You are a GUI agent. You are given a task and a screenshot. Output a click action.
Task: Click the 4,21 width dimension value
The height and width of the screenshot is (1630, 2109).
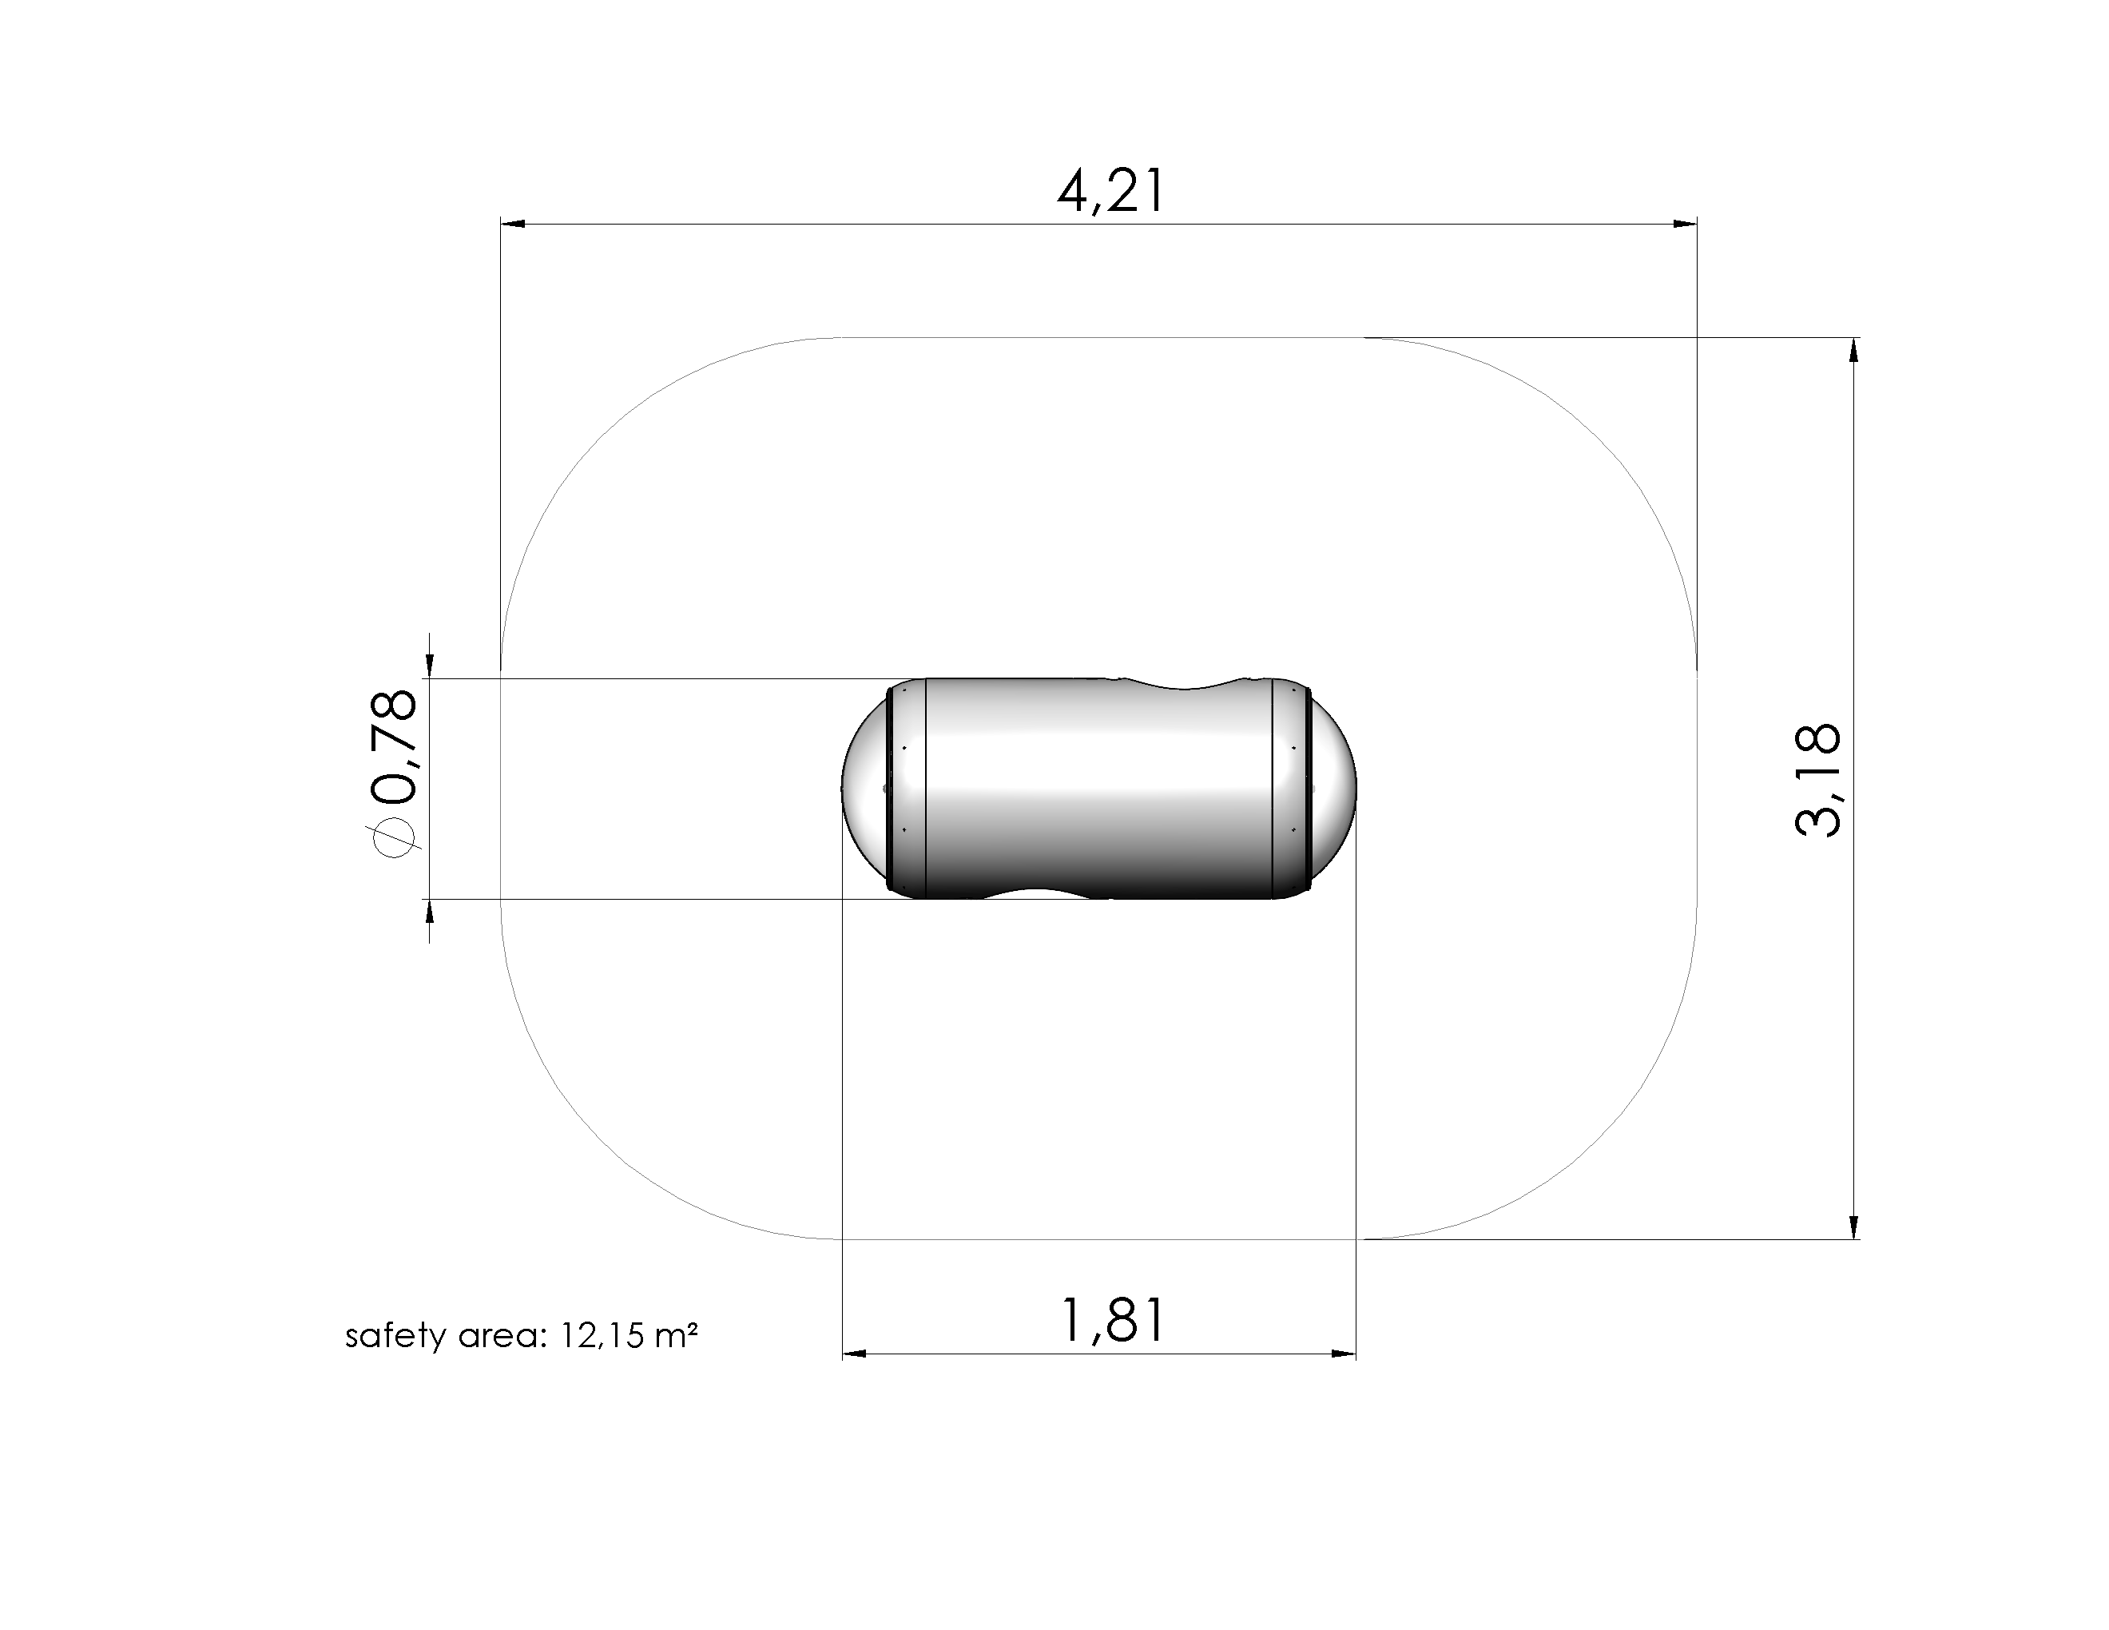1110,191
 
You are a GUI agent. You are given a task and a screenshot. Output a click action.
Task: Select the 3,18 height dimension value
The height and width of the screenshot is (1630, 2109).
1817,779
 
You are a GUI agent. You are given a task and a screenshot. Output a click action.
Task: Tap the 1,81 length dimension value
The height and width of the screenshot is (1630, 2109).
1113,1320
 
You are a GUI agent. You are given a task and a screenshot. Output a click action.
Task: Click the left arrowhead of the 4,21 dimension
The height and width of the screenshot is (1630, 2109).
513,224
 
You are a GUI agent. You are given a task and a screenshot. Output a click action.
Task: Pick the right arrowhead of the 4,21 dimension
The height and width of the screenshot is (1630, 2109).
1684,224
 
